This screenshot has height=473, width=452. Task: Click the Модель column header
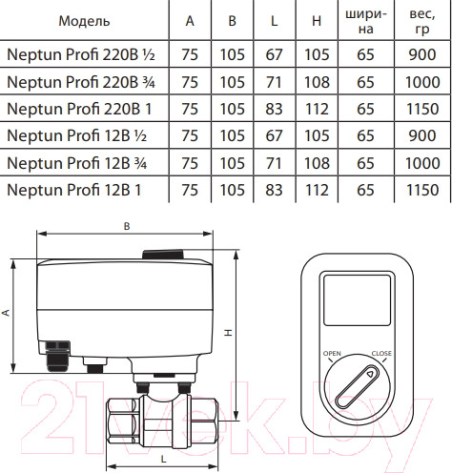(x=84, y=21)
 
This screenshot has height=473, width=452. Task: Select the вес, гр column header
(x=422, y=21)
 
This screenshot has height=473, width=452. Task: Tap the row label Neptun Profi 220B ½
(x=81, y=54)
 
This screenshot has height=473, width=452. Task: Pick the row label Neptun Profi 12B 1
(x=73, y=190)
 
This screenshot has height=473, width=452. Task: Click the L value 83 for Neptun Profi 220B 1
(x=274, y=109)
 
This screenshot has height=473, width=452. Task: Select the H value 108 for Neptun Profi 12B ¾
(x=317, y=163)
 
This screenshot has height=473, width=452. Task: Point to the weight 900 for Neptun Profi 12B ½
(x=422, y=135)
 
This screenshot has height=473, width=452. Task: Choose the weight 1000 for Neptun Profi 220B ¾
(x=422, y=82)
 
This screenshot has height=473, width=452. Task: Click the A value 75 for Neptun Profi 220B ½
(x=190, y=54)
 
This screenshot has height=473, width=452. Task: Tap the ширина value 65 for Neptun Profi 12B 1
(x=365, y=190)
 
